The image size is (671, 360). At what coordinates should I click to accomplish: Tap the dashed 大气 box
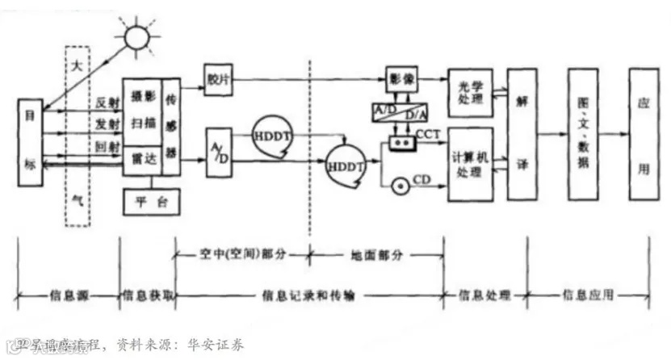[x=77, y=134]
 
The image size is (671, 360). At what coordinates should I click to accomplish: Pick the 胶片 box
[x=217, y=80]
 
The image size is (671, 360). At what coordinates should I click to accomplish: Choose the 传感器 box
[x=171, y=126]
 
